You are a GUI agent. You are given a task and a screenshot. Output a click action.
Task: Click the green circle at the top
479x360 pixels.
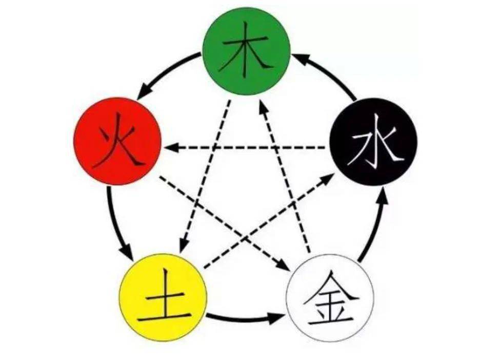[x=246, y=51]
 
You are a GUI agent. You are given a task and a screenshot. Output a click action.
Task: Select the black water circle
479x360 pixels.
[x=373, y=142]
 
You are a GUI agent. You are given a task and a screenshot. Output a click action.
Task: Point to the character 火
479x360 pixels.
[x=115, y=146]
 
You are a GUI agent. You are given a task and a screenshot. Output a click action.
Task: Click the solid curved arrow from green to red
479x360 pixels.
[x=164, y=72]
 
